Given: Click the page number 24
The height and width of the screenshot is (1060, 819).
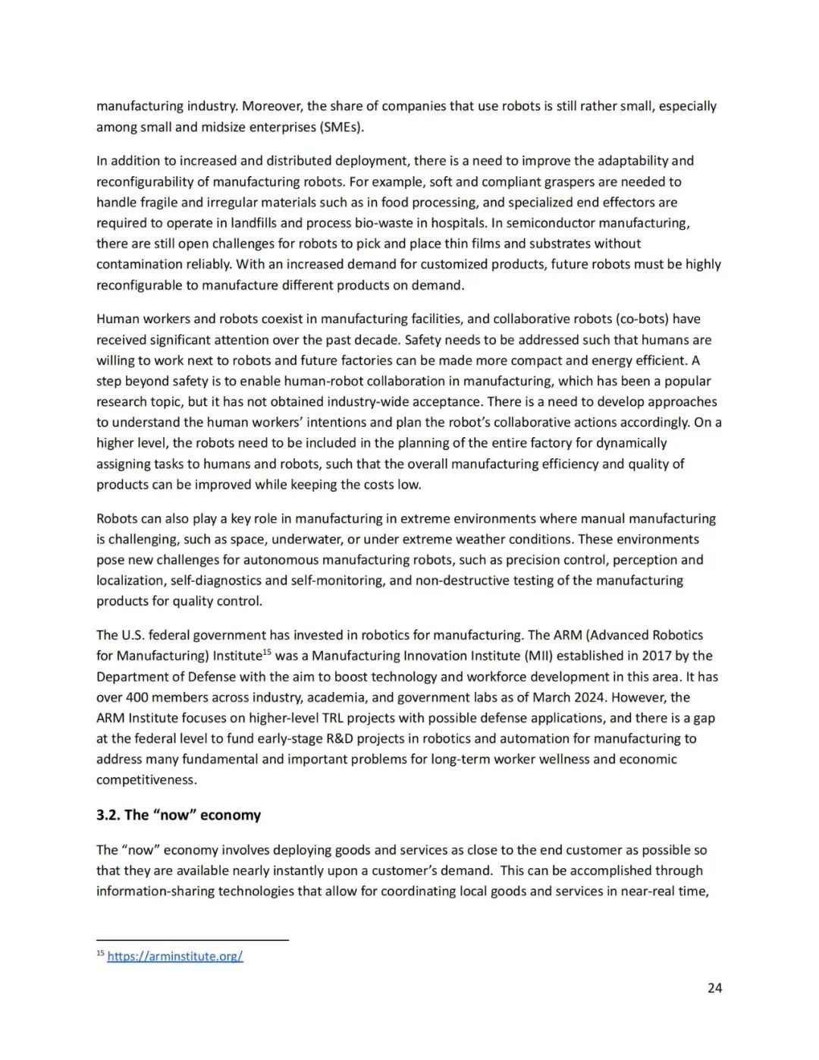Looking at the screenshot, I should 714,988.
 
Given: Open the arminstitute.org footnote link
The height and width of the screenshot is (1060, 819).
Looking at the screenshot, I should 175,956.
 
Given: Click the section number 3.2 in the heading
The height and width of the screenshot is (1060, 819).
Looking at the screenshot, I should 108,815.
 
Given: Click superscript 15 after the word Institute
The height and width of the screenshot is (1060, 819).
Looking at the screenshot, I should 267,652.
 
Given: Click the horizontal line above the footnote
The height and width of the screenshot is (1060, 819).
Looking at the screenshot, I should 193,940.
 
